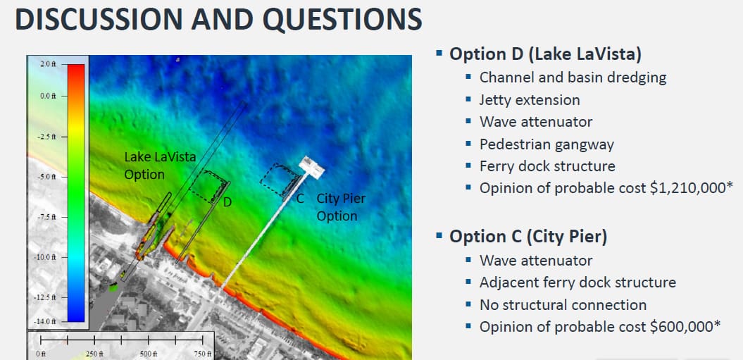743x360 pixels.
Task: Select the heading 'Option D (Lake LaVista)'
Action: [545, 54]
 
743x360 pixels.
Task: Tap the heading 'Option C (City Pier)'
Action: [528, 237]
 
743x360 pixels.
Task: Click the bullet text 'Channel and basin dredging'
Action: [573, 77]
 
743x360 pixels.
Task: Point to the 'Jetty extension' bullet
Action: [530, 99]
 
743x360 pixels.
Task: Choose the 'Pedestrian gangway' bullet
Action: [547, 144]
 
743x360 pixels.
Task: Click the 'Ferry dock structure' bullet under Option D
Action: [547, 166]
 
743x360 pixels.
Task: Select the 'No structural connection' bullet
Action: [563, 305]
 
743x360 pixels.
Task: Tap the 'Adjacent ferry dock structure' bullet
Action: [577, 283]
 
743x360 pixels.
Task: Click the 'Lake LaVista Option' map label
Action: [160, 165]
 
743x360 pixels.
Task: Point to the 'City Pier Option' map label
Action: [341, 207]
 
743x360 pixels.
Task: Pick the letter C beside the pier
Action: [299, 199]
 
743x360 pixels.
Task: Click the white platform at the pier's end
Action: [311, 166]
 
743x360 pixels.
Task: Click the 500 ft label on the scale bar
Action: [149, 354]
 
